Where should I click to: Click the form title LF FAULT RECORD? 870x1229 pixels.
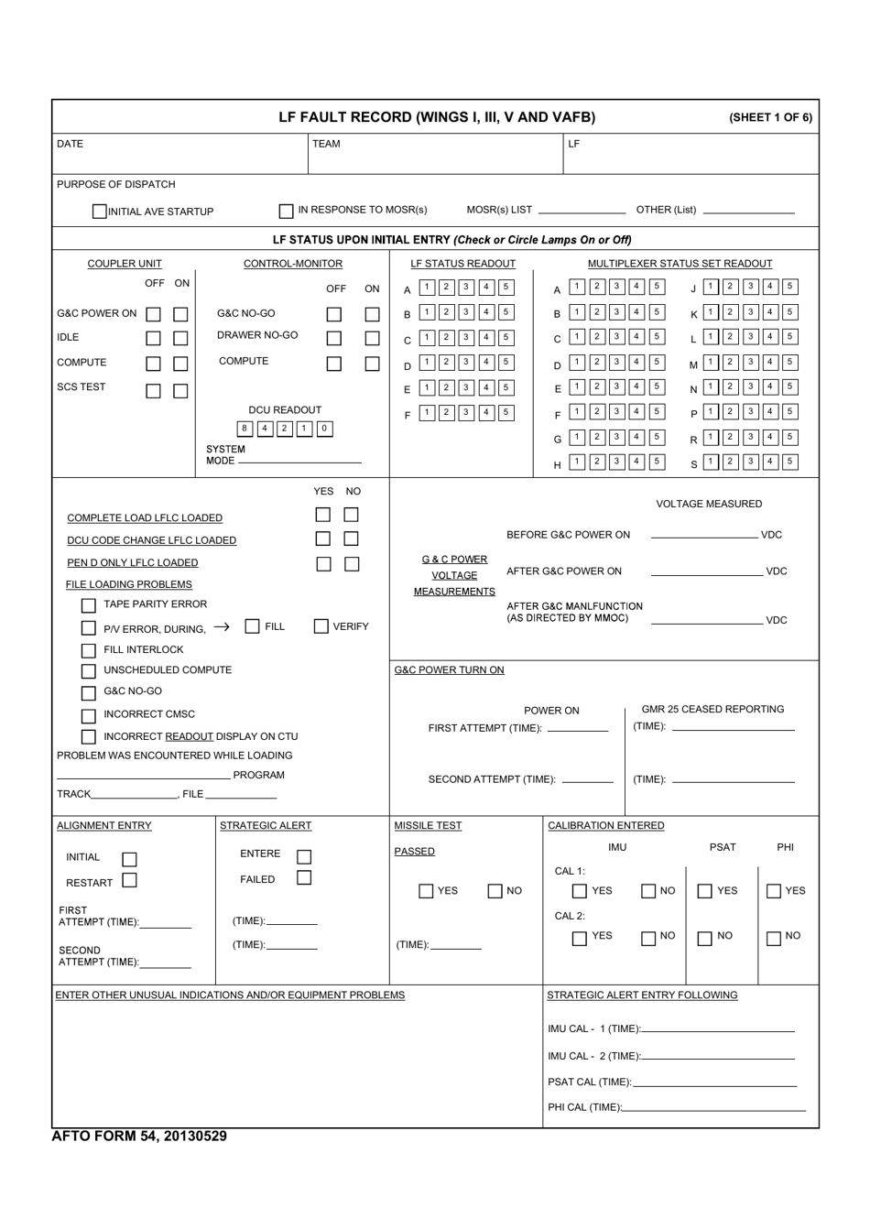click(437, 117)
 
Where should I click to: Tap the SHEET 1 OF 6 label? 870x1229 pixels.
click(770, 118)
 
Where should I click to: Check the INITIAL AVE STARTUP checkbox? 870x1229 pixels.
click(100, 212)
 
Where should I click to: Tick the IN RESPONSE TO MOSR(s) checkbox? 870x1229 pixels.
click(287, 211)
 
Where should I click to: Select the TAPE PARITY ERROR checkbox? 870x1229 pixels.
click(89, 605)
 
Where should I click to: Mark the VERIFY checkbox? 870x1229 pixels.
click(321, 626)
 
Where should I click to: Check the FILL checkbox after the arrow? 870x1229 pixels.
click(253, 626)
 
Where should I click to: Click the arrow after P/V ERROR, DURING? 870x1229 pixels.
click(222, 627)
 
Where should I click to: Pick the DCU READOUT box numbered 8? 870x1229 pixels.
click(245, 429)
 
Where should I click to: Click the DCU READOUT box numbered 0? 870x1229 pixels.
click(324, 429)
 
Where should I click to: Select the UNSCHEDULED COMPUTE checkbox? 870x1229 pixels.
click(89, 671)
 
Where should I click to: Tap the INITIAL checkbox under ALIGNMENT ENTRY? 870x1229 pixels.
click(129, 859)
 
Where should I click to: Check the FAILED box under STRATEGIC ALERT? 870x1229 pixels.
click(304, 878)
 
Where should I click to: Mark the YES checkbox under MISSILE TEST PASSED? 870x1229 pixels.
click(426, 891)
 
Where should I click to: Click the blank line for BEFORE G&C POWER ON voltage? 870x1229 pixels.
click(704, 535)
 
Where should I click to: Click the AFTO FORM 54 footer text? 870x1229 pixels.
click(139, 1137)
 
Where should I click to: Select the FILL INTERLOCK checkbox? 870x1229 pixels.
click(89, 650)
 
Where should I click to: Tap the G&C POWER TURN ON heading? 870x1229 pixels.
click(449, 670)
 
